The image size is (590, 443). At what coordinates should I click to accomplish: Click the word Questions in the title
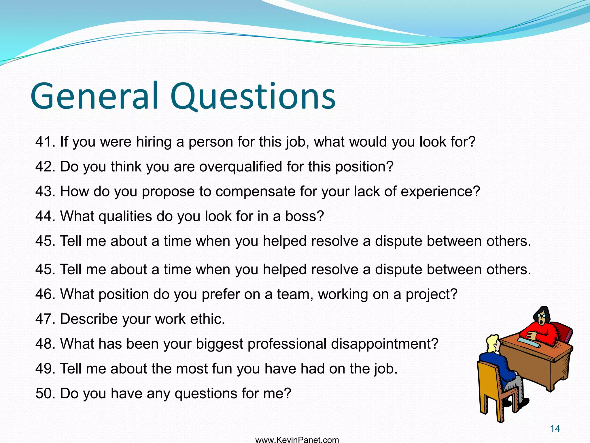tap(253, 97)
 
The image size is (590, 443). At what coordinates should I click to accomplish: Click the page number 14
tap(555, 429)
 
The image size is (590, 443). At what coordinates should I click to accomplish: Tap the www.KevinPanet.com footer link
tap(297, 440)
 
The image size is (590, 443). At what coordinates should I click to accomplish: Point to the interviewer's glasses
tap(541, 315)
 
